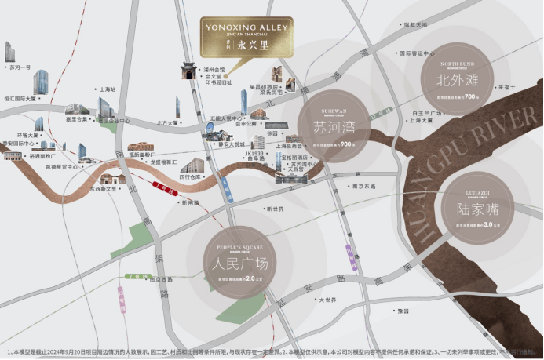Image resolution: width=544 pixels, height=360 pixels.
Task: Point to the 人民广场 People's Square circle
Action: [235, 262]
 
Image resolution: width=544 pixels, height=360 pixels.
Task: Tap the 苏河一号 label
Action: [19, 68]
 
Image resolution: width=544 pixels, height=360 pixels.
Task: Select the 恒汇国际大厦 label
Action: [20, 100]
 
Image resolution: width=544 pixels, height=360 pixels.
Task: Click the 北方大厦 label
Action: [169, 122]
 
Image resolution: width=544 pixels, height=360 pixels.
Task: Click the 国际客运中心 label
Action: [417, 53]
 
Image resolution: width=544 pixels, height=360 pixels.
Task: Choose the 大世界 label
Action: [327, 300]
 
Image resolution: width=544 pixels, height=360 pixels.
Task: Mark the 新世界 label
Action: [274, 209]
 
